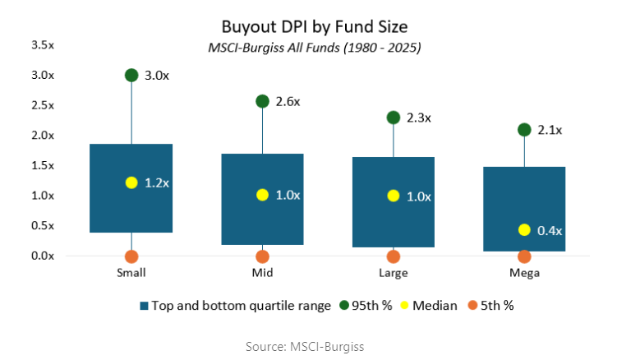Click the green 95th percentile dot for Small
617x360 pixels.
(x=131, y=75)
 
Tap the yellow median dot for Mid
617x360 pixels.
(x=263, y=195)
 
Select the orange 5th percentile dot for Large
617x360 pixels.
(x=394, y=256)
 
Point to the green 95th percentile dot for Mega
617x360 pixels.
(x=525, y=129)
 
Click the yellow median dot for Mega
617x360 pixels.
(x=525, y=230)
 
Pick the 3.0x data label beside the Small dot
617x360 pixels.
(x=158, y=76)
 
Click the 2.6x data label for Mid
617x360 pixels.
(x=289, y=102)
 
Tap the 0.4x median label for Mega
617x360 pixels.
(x=550, y=231)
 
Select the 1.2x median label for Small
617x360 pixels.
(x=158, y=183)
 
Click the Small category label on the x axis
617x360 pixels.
(x=131, y=272)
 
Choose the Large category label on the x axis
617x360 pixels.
(x=394, y=272)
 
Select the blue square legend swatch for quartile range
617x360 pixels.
(x=145, y=305)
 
